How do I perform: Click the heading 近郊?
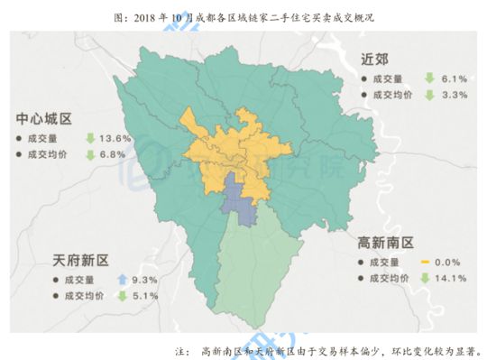374,60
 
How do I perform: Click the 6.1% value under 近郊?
453,78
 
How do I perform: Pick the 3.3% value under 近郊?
453,94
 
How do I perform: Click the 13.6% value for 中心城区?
117,139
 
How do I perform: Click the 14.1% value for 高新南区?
450,278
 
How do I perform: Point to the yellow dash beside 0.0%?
426,263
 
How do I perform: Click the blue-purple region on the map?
237,198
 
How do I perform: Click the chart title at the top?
243,16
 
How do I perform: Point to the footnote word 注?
180,347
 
